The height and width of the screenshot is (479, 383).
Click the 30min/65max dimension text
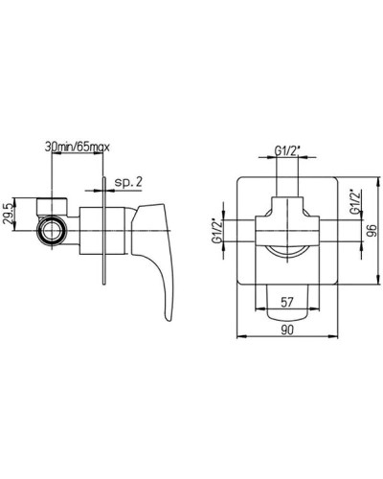pyautogui.click(x=78, y=148)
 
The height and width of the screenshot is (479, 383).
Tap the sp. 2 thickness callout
pyautogui.click(x=128, y=182)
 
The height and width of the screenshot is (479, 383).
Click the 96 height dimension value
pyautogui.click(x=372, y=230)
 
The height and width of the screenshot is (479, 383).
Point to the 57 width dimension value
pyautogui.click(x=287, y=302)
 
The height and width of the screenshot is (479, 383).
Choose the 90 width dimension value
pyautogui.click(x=287, y=331)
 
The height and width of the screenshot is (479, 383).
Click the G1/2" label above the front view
pyautogui.click(x=287, y=151)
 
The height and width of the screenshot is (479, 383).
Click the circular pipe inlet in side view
pyautogui.click(x=52, y=231)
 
